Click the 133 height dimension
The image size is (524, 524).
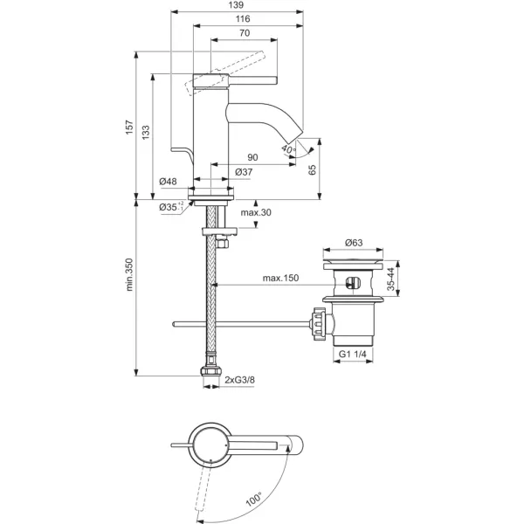pos(146,131)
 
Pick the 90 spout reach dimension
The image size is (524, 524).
pos(252,158)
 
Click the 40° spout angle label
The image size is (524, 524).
pos(289,149)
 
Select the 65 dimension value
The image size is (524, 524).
pos(313,169)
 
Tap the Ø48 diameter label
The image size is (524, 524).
pos(169,182)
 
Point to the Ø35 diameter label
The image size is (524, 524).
pos(169,207)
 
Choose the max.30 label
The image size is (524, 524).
pos(255,213)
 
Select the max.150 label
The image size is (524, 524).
pos(279,279)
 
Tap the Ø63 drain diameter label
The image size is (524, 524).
pos(354,242)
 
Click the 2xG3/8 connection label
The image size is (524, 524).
pos(242,380)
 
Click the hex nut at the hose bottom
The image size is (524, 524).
pos(210,377)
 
